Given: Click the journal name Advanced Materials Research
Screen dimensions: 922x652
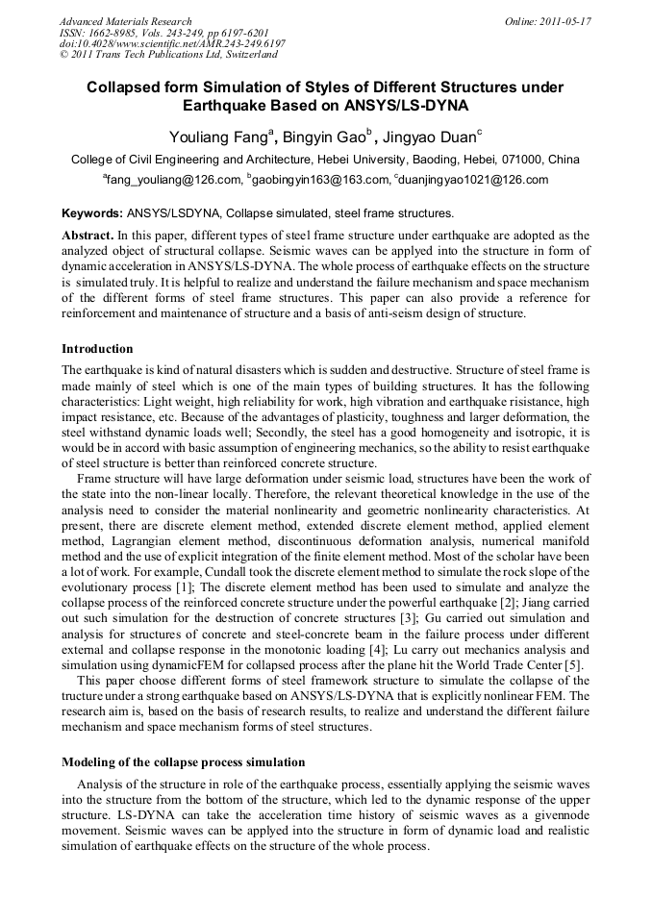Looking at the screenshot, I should click(x=125, y=21).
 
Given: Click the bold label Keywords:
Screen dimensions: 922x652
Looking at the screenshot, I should click(x=92, y=213).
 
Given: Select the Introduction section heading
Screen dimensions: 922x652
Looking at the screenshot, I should click(x=97, y=348).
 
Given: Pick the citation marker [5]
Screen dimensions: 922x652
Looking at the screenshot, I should click(x=579, y=665).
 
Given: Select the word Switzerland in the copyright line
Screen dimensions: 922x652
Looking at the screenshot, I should click(x=239, y=56).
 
